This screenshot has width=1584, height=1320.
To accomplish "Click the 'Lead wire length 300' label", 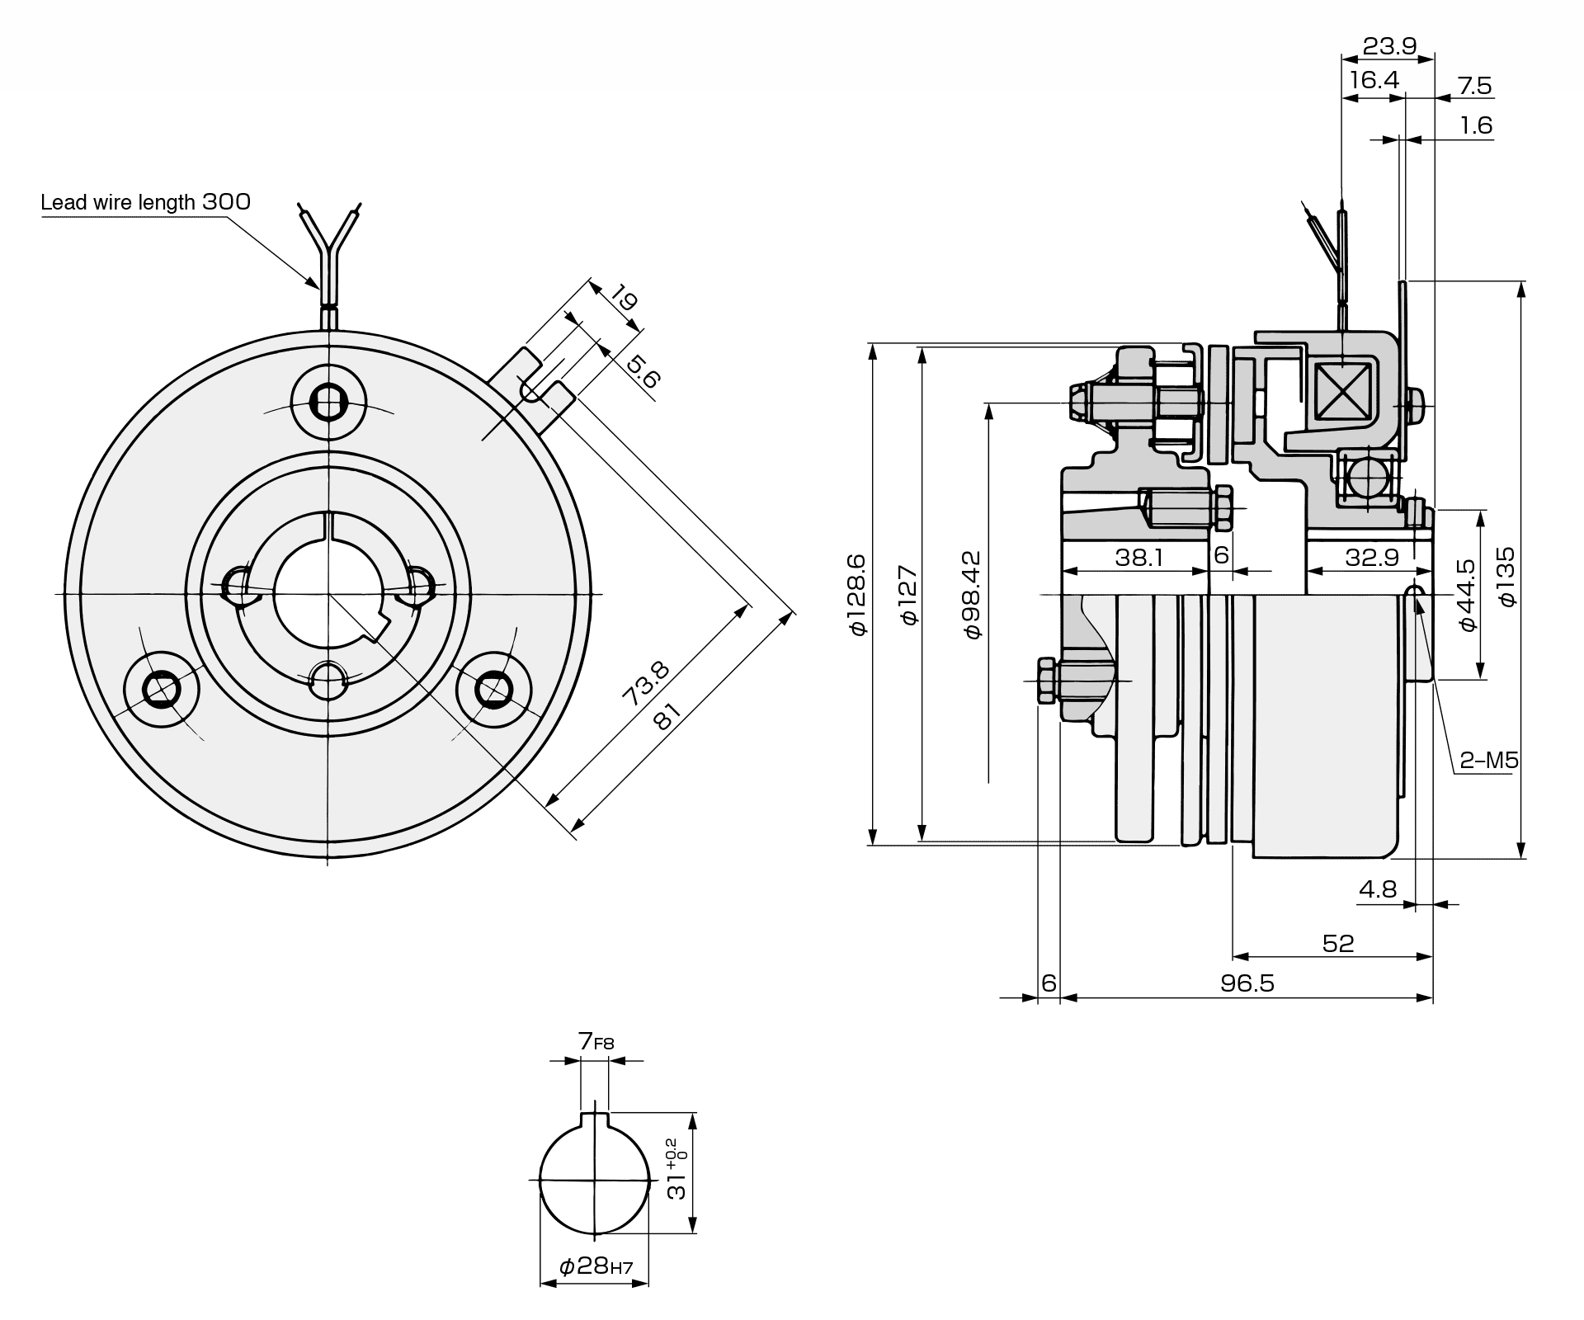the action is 146,202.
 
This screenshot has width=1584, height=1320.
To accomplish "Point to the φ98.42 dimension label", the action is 973,595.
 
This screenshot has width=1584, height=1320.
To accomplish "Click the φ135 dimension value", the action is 1506,577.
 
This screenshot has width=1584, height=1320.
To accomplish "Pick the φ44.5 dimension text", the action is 1467,596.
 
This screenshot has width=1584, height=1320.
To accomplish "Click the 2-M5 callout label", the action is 1489,760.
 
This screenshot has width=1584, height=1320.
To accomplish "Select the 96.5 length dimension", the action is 1247,983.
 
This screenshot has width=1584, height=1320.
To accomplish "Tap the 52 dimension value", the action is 1338,943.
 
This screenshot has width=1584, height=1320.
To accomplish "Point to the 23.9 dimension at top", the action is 1389,46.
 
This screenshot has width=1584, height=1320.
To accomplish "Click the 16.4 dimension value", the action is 1374,80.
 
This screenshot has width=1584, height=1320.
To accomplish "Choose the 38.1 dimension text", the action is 1138,558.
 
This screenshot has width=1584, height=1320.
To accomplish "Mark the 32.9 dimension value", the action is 1373,558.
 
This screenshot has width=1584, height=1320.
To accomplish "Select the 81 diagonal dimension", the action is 667,716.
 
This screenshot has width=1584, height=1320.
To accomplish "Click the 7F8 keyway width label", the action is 596,1042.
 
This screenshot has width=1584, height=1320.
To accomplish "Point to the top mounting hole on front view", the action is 328,403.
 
